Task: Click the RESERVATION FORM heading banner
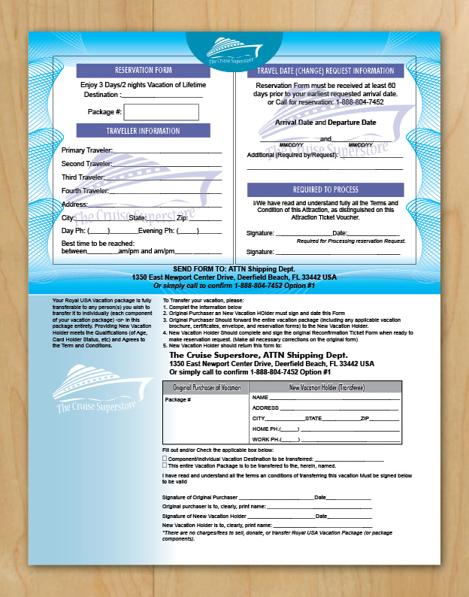(143, 71)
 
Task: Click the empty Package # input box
(162, 112)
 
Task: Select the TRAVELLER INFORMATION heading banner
(143, 131)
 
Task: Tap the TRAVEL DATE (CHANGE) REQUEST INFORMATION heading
(325, 71)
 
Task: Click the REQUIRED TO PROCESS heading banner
(325, 189)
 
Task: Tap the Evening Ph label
(156, 230)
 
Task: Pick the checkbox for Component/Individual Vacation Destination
(165, 458)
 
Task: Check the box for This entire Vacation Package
(165, 465)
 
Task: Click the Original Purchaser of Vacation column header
(207, 387)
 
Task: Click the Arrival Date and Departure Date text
(325, 122)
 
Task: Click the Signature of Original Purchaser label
(199, 497)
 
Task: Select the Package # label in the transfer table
(178, 400)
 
